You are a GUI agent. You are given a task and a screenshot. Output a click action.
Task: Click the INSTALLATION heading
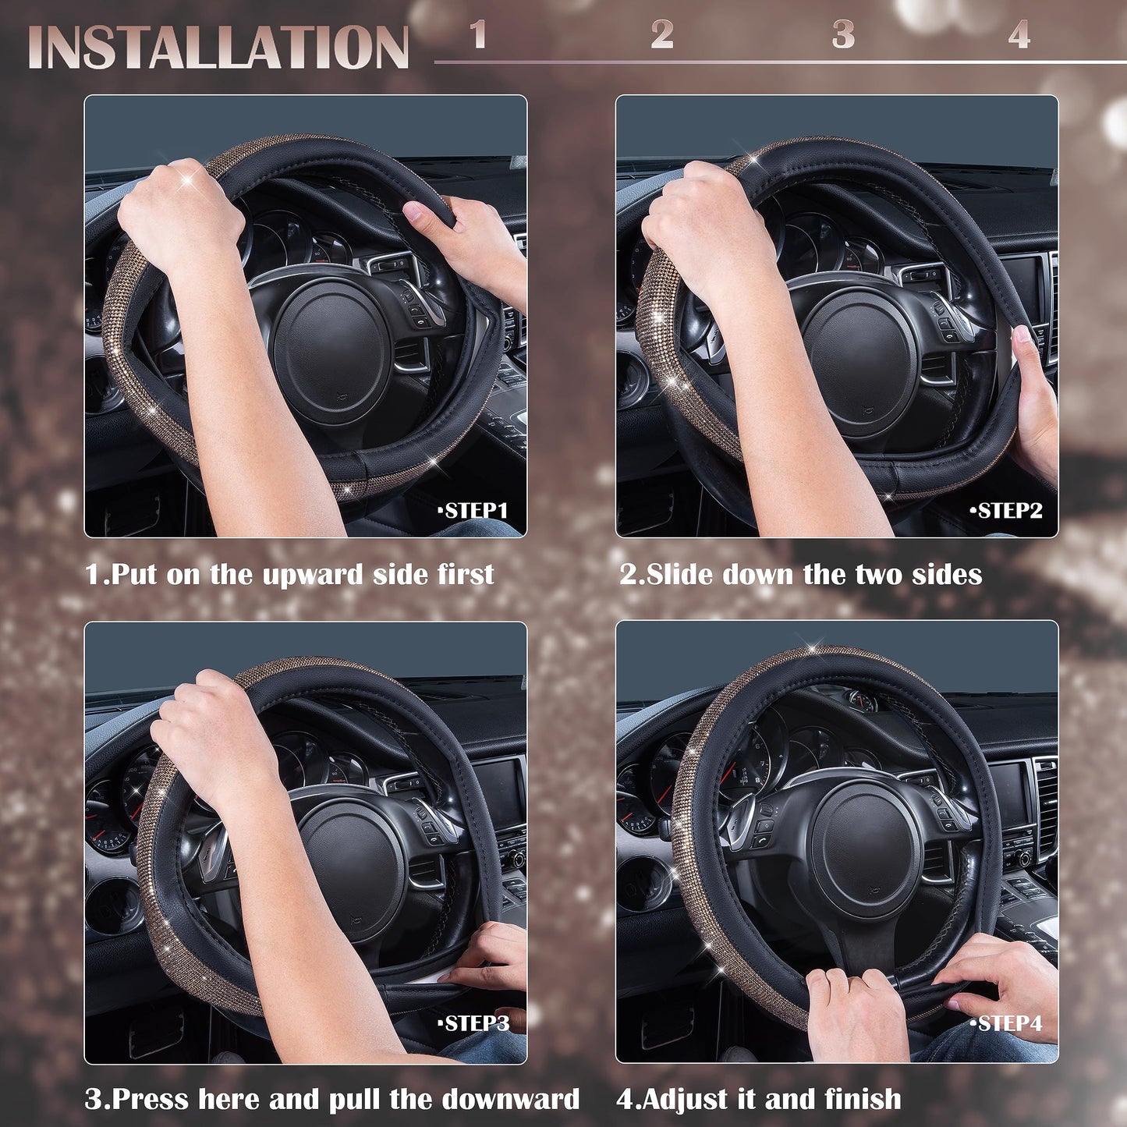pyautogui.click(x=218, y=47)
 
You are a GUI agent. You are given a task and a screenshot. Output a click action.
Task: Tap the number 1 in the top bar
pyautogui.click(x=478, y=35)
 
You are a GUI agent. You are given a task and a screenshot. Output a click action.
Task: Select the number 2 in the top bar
pyautogui.click(x=662, y=35)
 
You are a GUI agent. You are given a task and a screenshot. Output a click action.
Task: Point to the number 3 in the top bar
pyautogui.click(x=843, y=35)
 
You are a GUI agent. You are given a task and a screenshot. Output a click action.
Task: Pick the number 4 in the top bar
pyautogui.click(x=1019, y=35)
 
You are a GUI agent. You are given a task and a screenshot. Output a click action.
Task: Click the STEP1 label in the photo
pyautogui.click(x=473, y=511)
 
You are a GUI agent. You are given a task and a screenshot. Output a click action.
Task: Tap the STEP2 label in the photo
pyautogui.click(x=1007, y=511)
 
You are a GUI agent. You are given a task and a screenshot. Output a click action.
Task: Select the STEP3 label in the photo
pyautogui.click(x=473, y=1023)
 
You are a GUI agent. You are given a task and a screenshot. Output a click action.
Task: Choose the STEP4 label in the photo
pyautogui.click(x=1007, y=1023)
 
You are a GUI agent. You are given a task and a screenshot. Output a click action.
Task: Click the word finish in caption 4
pyautogui.click(x=862, y=1100)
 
